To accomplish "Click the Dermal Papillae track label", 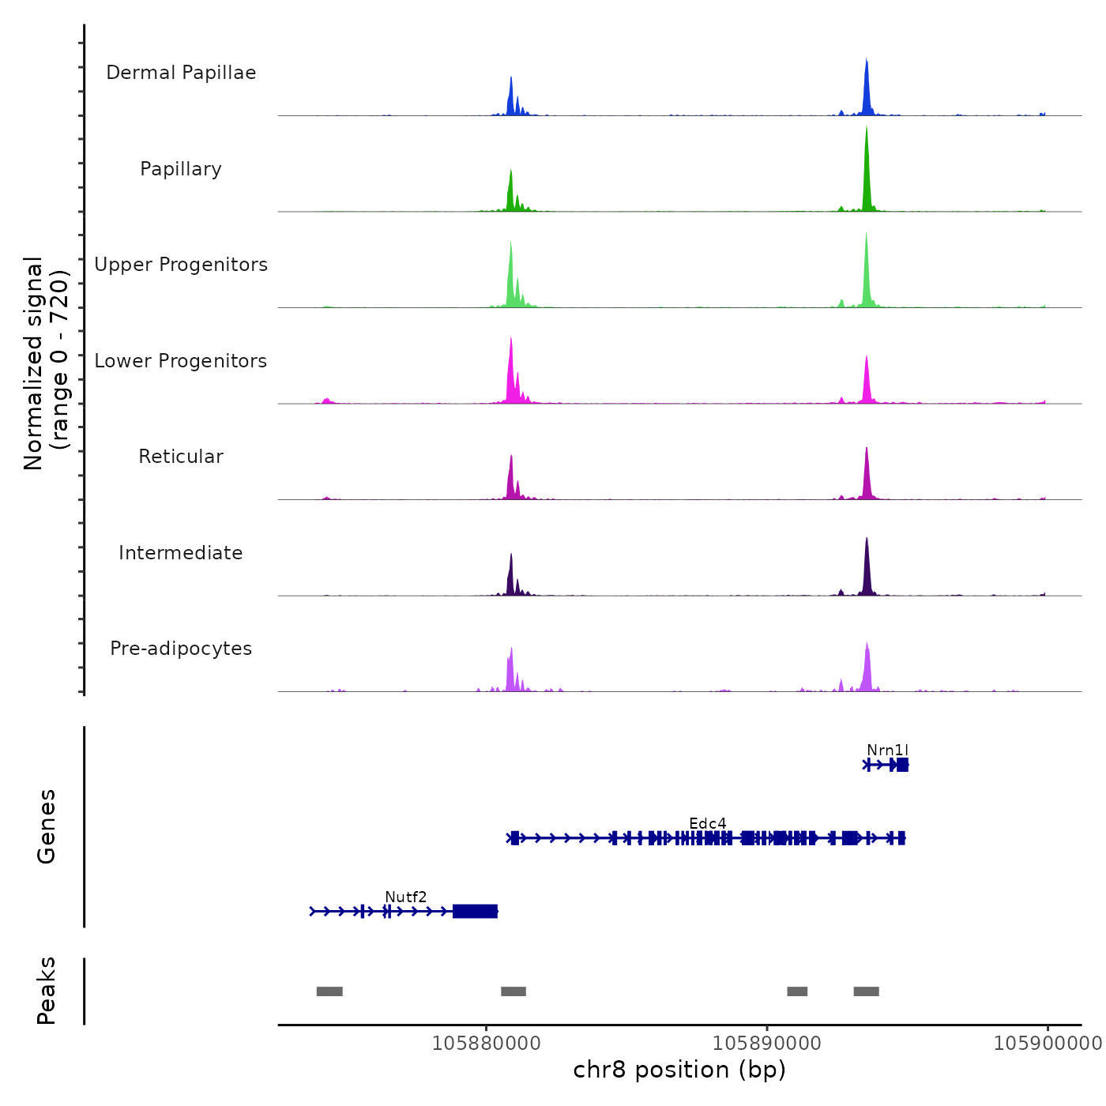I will tap(181, 73).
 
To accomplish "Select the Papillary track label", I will tap(181, 169).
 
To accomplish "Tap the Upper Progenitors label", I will tap(181, 265).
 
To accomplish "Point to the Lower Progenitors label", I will tap(181, 361).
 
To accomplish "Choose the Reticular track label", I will tap(181, 457).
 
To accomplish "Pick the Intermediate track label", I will tap(181, 553).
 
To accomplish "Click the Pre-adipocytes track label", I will tap(181, 649).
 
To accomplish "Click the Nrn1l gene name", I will tap(887, 750).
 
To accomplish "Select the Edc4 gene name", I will tap(707, 824).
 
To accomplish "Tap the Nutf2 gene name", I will tap(405, 897).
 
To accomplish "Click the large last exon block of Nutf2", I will tap(475, 912).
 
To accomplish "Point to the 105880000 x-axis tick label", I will tap(487, 1044).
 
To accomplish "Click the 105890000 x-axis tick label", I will tap(767, 1044).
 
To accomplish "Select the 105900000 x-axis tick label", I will tap(1048, 1044).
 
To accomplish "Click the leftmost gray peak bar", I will tap(329, 991).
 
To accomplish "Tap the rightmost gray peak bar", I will tap(866, 991).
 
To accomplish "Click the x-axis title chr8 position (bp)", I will tap(679, 1070).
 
